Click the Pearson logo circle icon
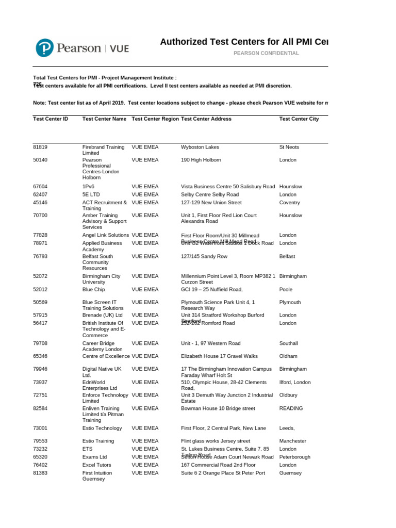coord(45,48)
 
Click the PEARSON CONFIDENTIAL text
coord(266,53)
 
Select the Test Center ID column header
coord(51,119)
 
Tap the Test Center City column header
coord(299,119)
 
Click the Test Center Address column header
coord(206,119)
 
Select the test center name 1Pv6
coord(89,186)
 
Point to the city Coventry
coord(289,203)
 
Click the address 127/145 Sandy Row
coord(204,256)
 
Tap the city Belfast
coord(287,256)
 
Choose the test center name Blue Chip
coord(94,289)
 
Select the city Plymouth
coord(290,302)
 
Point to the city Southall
coord(289,343)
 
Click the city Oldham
coord(288,356)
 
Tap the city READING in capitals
coord(291,408)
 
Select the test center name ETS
coord(88,449)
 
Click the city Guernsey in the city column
coord(290,473)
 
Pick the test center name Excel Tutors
coord(97,465)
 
